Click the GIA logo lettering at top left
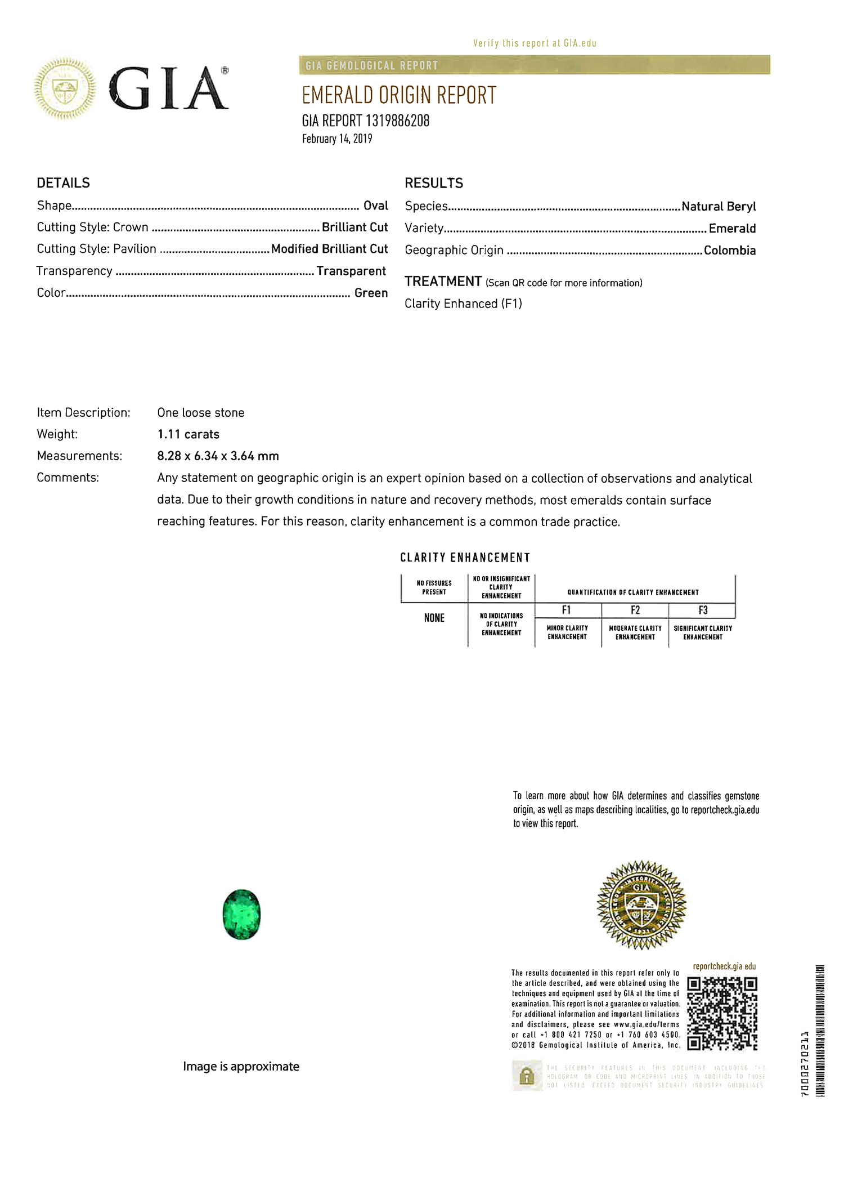point(169,88)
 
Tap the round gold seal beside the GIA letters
point(65,88)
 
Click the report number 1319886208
point(397,121)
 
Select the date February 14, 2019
point(337,139)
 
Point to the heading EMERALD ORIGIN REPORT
point(399,95)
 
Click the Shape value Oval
point(375,206)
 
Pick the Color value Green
point(371,293)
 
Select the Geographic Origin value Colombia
point(729,250)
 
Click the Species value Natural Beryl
point(719,206)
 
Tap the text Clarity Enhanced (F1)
point(463,304)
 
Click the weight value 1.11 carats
point(188,434)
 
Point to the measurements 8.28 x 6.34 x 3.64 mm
point(218,456)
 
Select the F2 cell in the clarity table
point(635,610)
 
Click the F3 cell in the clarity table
point(703,610)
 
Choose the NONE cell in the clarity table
point(434,618)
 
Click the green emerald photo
point(241,914)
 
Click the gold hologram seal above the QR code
point(641,905)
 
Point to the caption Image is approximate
point(241,1066)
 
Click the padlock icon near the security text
point(527,1076)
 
